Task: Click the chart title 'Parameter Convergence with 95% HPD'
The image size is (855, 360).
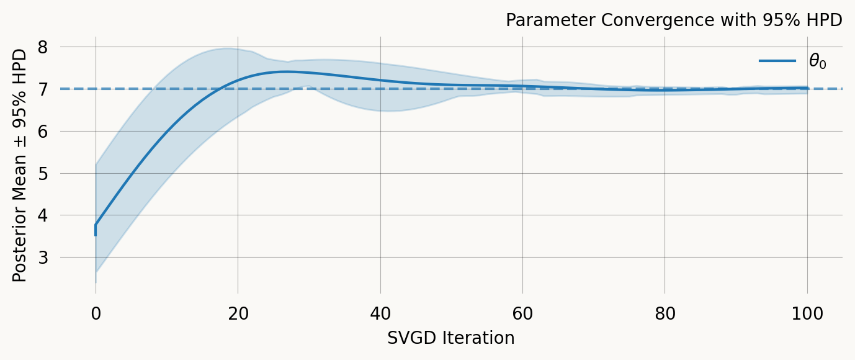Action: [674, 20]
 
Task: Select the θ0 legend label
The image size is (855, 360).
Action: [817, 61]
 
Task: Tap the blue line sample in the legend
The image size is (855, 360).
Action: [777, 61]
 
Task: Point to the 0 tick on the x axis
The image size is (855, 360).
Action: [96, 314]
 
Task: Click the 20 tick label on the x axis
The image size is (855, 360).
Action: [238, 314]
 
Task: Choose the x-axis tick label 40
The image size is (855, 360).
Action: [380, 314]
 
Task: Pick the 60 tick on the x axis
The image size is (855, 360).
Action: [522, 314]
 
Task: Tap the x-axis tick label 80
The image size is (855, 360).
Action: [665, 314]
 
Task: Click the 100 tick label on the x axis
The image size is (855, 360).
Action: [807, 314]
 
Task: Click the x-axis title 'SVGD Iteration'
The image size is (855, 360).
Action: [451, 338]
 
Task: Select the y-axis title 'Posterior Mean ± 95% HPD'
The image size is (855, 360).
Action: [20, 165]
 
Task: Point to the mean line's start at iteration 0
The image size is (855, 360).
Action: [96, 225]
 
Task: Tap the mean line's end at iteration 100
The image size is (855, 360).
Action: [807, 88]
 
